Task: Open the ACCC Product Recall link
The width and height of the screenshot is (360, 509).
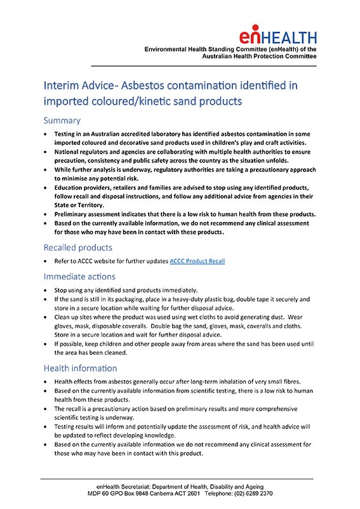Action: click(x=197, y=261)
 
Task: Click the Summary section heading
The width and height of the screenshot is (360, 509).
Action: click(x=62, y=121)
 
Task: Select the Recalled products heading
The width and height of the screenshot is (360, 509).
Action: click(x=78, y=247)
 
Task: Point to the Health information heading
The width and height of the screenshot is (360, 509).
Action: click(x=80, y=368)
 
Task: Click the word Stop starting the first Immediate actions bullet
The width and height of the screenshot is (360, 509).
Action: click(x=62, y=289)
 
